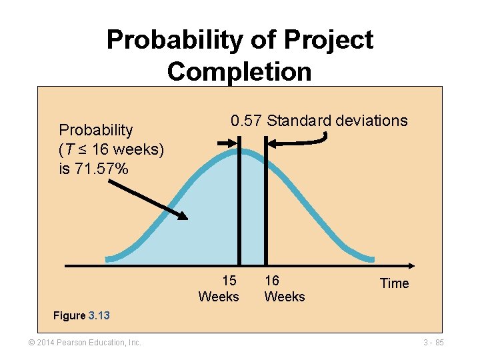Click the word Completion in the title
pos(239,71)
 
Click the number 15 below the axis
pos(229,281)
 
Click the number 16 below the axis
pos(272,281)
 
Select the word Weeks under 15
pos(219,297)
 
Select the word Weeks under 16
pos(285,297)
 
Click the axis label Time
pos(394,283)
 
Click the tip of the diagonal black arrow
pos(186,217)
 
